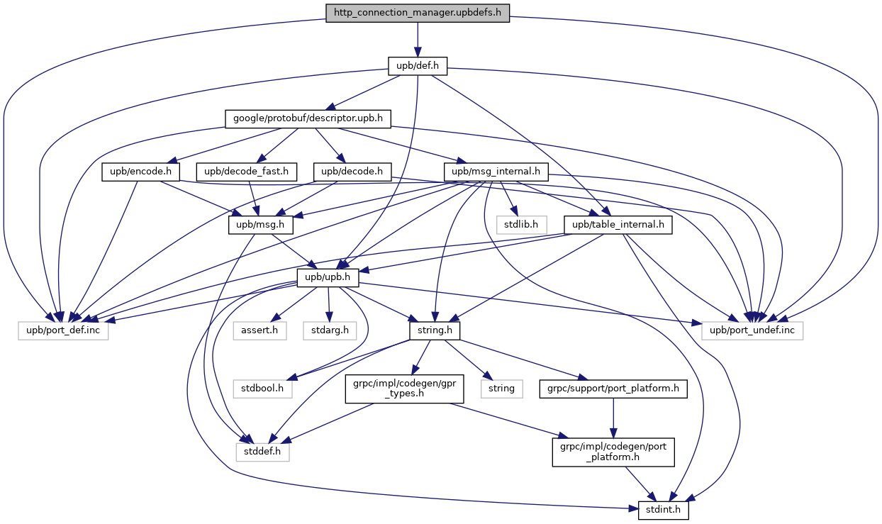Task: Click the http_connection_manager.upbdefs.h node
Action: click(418, 13)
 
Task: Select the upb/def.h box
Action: click(418, 67)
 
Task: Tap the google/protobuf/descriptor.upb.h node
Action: click(308, 118)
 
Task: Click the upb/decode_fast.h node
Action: click(246, 172)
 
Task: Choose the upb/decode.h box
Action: click(352, 172)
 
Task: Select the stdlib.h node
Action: click(521, 225)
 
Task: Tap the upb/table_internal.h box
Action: click(617, 225)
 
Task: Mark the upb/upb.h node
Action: click(328, 278)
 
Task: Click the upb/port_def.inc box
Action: click(63, 331)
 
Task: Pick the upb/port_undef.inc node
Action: click(752, 331)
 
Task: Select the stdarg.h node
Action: click(328, 331)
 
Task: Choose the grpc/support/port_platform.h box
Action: click(613, 389)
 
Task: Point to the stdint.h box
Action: click(664, 509)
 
